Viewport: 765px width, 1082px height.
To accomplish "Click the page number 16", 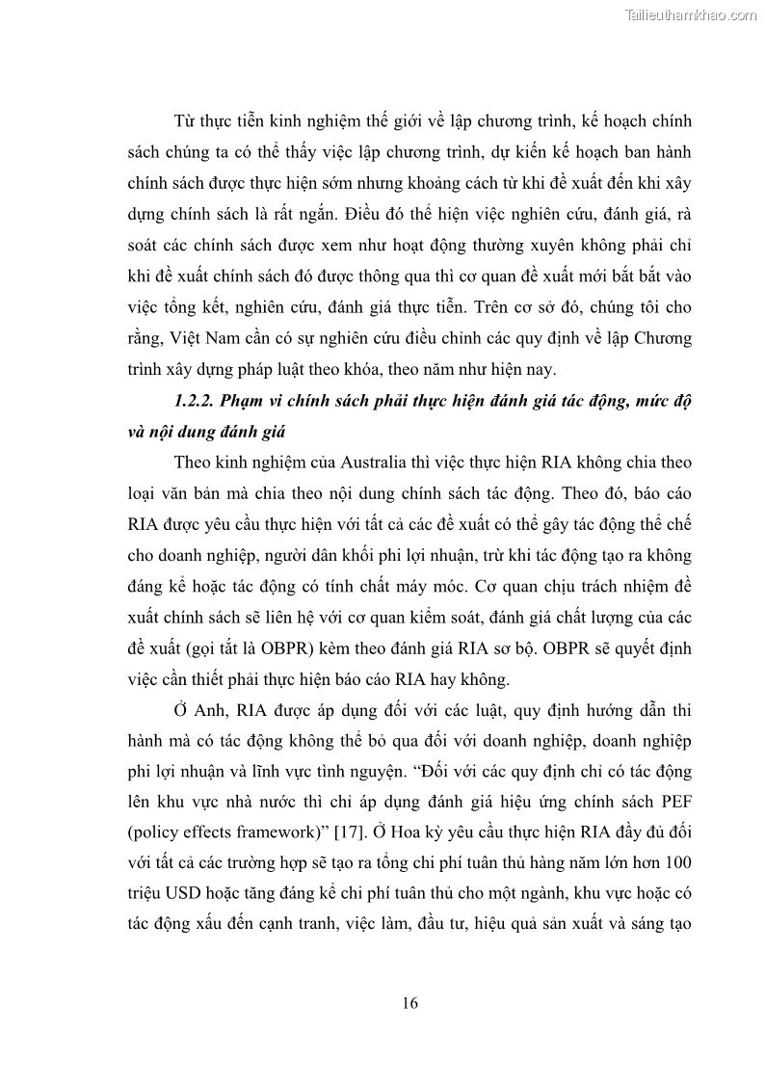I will (409, 1003).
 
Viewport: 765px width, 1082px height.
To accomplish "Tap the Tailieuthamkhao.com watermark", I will (692, 14).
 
